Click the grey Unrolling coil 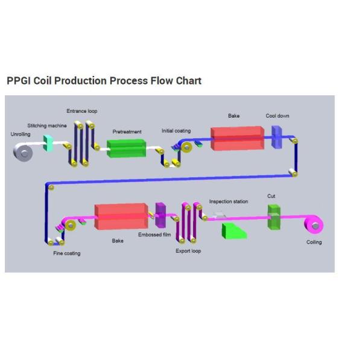click(24, 153)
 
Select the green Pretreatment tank click(126, 148)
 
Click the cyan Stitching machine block click(49, 143)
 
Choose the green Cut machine click(274, 217)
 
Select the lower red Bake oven click(121, 217)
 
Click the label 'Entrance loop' click(81, 111)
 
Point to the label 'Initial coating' click(176, 131)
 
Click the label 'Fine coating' click(66, 253)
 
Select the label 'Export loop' click(188, 251)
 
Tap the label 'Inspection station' click(228, 202)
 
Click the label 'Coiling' click(314, 243)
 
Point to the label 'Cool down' click(278, 116)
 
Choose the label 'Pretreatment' click(127, 131)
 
